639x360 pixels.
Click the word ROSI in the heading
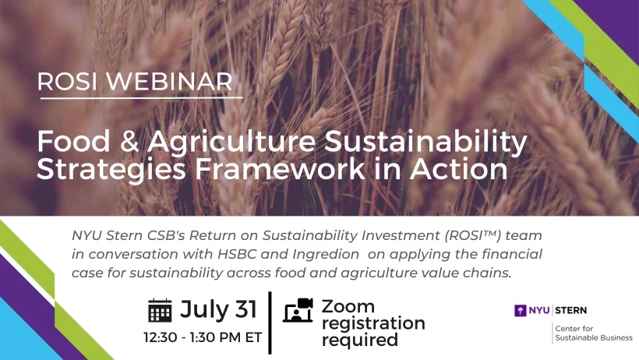[65, 82]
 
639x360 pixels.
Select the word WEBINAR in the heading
[165, 82]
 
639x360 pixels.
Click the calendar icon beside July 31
[160, 310]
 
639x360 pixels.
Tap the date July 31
[218, 309]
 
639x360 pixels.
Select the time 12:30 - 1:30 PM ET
[203, 338]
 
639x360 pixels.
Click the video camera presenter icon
[298, 309]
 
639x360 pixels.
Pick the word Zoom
[348, 306]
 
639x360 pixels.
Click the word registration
[373, 323]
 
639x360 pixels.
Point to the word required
[360, 340]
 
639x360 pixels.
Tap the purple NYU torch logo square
[520, 310]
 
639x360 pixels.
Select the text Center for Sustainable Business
[593, 333]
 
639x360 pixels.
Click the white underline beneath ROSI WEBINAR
[141, 97]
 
